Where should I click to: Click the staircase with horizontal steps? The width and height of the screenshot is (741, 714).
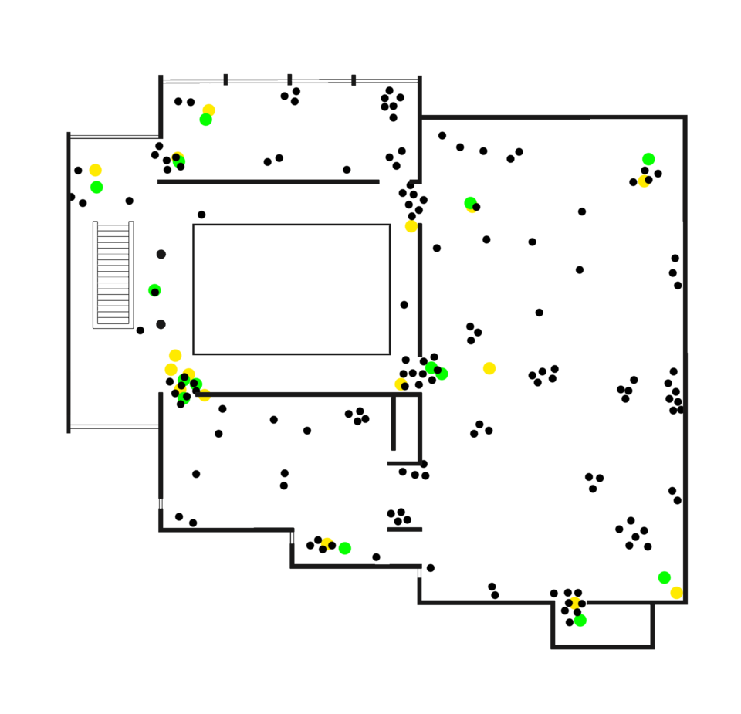click(x=113, y=274)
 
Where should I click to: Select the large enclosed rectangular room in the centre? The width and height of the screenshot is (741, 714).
click(x=292, y=289)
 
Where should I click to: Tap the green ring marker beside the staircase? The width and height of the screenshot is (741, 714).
click(x=154, y=290)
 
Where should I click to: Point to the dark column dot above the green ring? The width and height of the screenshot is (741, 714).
click(x=161, y=254)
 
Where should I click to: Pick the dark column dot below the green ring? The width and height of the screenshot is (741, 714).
click(x=161, y=324)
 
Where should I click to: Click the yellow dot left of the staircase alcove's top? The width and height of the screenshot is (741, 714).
click(x=95, y=170)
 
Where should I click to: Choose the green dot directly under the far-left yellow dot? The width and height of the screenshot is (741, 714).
click(x=96, y=188)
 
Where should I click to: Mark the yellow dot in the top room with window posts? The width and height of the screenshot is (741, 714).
click(x=209, y=109)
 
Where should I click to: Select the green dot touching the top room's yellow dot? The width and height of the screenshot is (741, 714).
click(x=205, y=120)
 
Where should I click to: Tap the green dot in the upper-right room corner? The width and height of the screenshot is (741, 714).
click(x=648, y=159)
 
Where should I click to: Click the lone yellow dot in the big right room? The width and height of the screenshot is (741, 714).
click(x=489, y=368)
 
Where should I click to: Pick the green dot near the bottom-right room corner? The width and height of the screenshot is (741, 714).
click(x=664, y=577)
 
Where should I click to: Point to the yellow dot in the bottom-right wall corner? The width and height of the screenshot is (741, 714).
click(x=676, y=592)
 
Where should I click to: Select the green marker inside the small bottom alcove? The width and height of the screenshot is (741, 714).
click(x=581, y=620)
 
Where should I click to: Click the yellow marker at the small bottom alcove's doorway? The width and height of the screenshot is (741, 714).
click(x=575, y=602)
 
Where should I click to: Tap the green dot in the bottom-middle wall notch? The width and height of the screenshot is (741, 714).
click(x=345, y=548)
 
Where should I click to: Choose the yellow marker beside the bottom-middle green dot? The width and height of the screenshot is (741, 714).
click(x=327, y=543)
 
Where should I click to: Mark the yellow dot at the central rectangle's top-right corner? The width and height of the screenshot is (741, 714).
click(x=411, y=226)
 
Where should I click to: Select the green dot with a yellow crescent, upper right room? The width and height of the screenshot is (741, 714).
click(x=469, y=202)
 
